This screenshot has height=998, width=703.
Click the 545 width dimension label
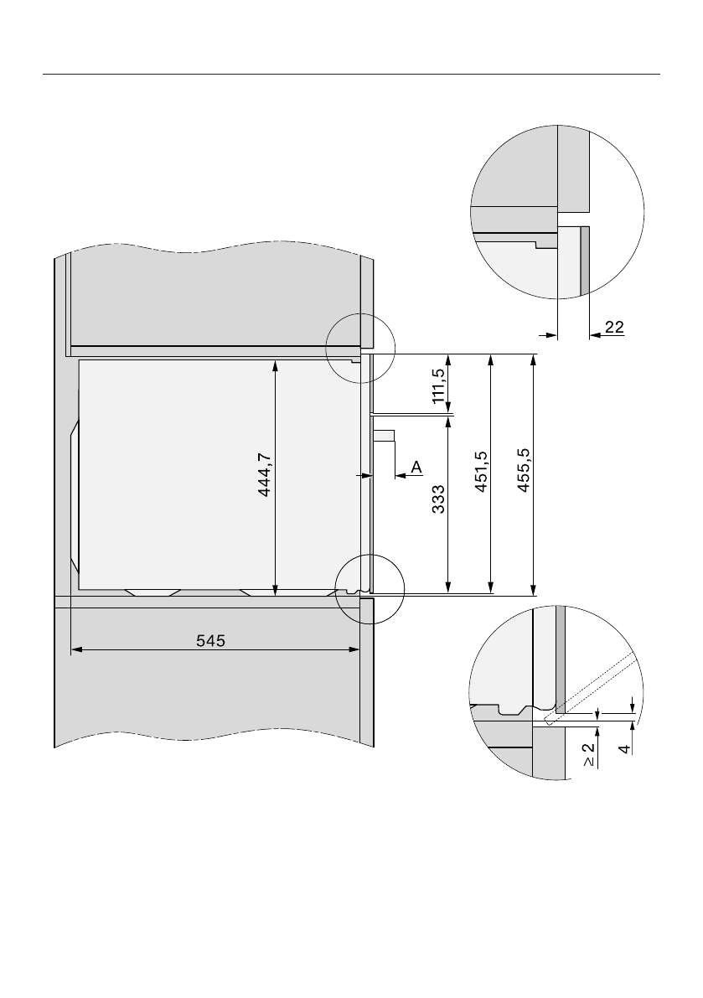tap(210, 640)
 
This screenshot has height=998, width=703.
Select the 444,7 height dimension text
tap(266, 474)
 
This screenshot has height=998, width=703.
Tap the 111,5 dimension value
tap(438, 385)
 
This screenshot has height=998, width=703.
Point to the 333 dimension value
tap(438, 499)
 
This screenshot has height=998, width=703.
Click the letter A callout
tap(416, 468)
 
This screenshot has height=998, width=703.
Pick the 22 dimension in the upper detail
tap(614, 327)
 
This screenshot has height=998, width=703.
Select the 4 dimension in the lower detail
tap(626, 749)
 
